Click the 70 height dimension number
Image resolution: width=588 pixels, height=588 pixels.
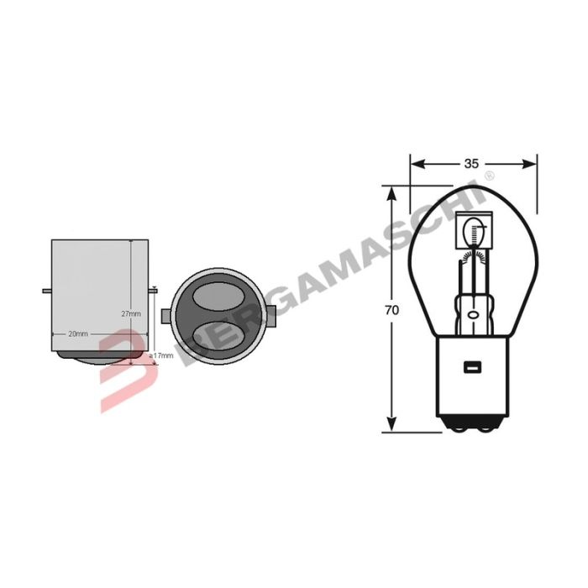click(x=391, y=310)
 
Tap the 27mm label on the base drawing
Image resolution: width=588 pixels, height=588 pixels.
click(x=131, y=313)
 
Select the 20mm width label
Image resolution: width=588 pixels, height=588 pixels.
click(x=77, y=333)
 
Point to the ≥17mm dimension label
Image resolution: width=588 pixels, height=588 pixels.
click(x=160, y=356)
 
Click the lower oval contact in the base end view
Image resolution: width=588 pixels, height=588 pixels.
click(x=218, y=338)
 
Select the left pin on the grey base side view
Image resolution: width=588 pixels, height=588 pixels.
click(x=46, y=292)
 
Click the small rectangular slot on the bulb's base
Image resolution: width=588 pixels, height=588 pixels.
click(x=471, y=365)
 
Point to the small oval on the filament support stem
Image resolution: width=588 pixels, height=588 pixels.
click(x=472, y=315)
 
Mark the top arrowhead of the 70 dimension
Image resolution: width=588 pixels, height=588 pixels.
click(x=391, y=192)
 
